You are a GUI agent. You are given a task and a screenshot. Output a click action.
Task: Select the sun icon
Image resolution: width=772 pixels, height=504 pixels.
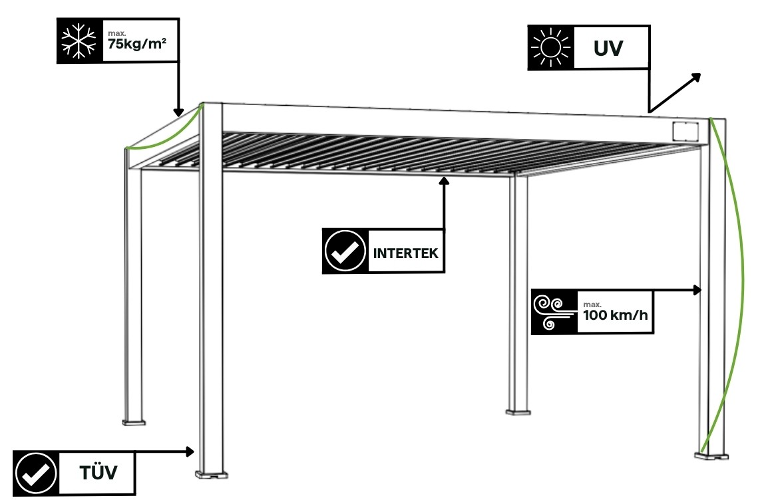[550, 48]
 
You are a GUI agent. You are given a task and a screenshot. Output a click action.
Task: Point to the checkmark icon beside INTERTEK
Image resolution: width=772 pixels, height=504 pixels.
[345, 251]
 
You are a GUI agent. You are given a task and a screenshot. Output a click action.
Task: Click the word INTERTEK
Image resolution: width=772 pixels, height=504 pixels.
[405, 253]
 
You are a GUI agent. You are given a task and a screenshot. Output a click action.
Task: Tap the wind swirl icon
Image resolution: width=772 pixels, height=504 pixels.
[553, 312]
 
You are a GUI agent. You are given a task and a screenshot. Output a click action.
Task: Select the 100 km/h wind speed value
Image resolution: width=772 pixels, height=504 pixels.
[614, 315]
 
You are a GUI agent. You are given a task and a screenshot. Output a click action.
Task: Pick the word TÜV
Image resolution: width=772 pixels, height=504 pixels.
[98, 473]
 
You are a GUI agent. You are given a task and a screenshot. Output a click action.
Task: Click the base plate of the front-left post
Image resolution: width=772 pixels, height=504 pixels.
[211, 475]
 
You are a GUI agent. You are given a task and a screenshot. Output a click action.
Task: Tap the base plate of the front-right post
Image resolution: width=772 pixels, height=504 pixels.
[712, 455]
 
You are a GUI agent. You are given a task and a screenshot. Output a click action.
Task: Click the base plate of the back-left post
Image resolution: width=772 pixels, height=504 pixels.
[133, 422]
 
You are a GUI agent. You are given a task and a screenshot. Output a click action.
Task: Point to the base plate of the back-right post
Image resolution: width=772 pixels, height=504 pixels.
[519, 412]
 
